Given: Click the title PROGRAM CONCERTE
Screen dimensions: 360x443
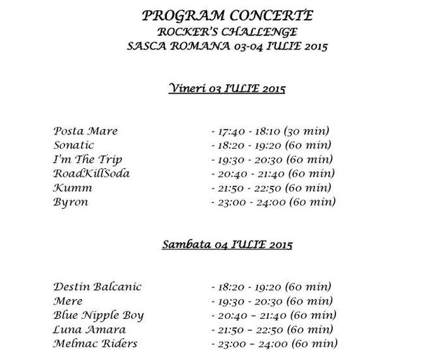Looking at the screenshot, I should coord(227,15).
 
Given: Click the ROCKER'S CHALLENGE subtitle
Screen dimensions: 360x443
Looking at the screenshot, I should coord(227,30).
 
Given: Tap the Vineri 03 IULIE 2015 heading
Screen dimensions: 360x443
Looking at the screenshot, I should coord(227,88).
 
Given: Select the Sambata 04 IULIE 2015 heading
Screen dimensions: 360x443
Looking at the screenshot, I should coord(227,243).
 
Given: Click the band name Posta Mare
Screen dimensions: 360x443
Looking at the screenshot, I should coord(86,131).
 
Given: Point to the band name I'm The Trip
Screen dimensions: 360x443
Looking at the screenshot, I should coord(88,159).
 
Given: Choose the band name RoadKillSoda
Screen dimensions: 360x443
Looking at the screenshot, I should coord(92,173).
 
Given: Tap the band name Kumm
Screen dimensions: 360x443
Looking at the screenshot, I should coord(73,188).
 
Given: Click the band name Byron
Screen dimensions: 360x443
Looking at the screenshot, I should coord(71,202).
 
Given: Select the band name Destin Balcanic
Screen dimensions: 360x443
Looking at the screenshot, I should coord(97,287).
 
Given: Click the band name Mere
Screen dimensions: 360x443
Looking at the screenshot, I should coord(68,301).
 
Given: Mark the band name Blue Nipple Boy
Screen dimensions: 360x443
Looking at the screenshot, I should coord(99,315).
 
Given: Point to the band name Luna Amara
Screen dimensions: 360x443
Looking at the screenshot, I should coord(90,330).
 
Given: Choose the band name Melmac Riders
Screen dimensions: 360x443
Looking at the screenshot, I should coord(96,344).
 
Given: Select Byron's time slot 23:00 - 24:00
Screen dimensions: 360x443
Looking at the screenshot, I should coord(273,202).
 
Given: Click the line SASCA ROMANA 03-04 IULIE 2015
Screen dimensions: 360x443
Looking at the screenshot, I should coord(227,46).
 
